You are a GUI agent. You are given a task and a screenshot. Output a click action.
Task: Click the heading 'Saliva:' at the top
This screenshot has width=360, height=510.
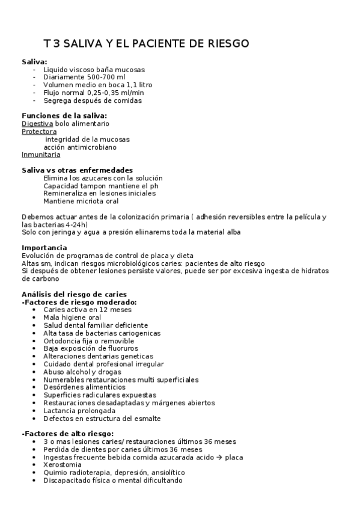tap(34, 62)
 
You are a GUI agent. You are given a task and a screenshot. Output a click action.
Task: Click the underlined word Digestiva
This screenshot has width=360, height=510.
tap(33, 123)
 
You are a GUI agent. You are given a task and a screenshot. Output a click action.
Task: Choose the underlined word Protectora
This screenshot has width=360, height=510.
tap(39, 131)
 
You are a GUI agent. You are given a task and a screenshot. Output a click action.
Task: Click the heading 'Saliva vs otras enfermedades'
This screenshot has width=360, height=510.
tap(77, 170)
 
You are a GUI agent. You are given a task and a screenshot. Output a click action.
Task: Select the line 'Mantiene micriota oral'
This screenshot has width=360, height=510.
tap(81, 201)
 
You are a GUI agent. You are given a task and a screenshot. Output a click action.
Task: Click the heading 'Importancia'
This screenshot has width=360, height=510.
tap(44, 248)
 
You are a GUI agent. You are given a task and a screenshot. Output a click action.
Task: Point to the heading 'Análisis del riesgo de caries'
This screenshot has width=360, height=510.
tap(73, 294)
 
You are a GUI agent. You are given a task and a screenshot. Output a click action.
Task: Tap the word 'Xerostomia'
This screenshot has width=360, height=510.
tap(63, 465)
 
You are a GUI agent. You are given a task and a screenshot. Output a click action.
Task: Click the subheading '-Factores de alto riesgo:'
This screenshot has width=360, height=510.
tap(67, 434)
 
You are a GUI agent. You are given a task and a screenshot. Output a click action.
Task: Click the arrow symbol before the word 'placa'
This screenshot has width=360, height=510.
tap(220, 457)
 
